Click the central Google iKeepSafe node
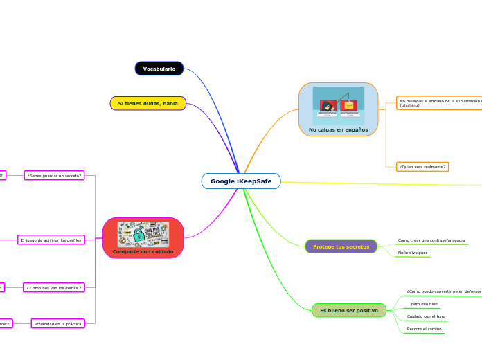pyautogui.click(x=241, y=181)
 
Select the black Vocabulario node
pyautogui.click(x=159, y=69)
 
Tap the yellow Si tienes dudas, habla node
pyautogui.click(x=148, y=103)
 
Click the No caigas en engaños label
pyautogui.click(x=338, y=129)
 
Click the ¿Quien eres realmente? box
pyautogui.click(x=422, y=167)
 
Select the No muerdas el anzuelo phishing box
pyautogui.click(x=439, y=103)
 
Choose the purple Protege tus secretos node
pyautogui.click(x=341, y=246)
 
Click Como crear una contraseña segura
pyautogui.click(x=431, y=240)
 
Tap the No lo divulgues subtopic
pyautogui.click(x=413, y=253)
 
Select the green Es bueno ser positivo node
pyautogui.click(x=348, y=311)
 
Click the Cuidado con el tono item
pyautogui.click(x=425, y=316)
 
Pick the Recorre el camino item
pyautogui.click(x=424, y=329)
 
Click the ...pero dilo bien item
pyautogui.click(x=422, y=304)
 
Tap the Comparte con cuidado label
pyautogui.click(x=143, y=251)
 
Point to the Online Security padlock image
pyautogui.click(x=143, y=234)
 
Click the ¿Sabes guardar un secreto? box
pyautogui.click(x=54, y=176)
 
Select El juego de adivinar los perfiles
pyautogui.click(x=51, y=240)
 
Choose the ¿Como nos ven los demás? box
pyautogui.click(x=54, y=287)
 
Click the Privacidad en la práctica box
pyautogui.click(x=57, y=323)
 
